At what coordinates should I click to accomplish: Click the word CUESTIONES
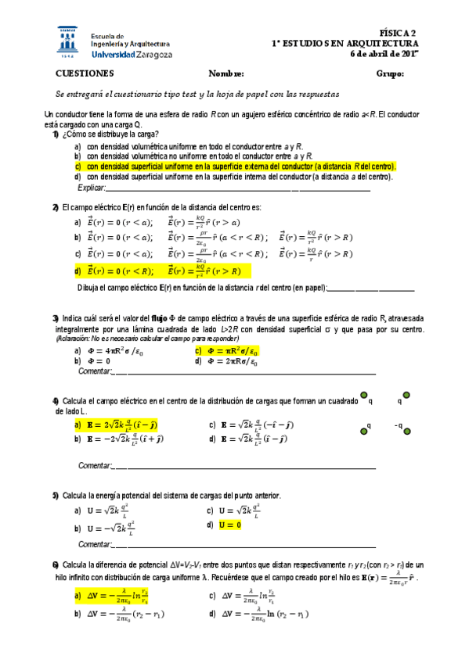85,73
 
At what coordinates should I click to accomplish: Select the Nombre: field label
226,73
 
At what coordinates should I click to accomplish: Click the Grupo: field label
389,73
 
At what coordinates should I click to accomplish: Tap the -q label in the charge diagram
399,426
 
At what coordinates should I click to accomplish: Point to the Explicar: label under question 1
91,188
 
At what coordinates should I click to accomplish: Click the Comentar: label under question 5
96,544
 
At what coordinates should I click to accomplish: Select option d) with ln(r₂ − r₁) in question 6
258,615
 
